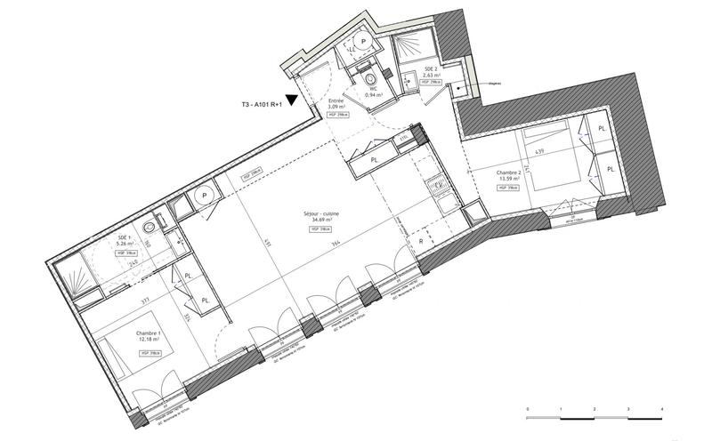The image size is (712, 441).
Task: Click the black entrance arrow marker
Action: (292, 100)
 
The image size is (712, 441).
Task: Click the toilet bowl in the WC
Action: (370, 80)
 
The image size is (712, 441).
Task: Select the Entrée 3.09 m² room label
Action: (336, 105)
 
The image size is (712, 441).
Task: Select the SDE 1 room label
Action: (124, 241)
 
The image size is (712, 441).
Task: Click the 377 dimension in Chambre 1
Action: (145, 302)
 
